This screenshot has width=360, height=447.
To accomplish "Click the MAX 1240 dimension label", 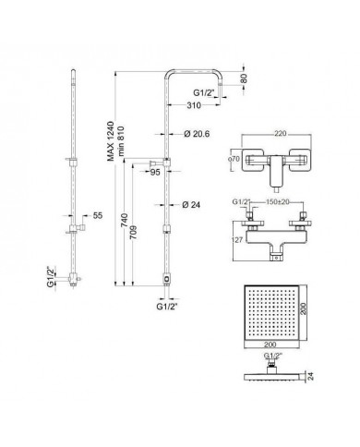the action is (111, 141).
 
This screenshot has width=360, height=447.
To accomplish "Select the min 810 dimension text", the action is (120, 141).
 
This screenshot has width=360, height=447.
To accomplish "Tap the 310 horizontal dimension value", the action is (194, 105).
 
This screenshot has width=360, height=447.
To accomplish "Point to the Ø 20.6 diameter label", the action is (197, 134).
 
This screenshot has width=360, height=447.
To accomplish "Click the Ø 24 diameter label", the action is (191, 205).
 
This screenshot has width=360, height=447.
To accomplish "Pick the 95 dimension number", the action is (155, 173).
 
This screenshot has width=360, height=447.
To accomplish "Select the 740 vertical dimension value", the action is (126, 221).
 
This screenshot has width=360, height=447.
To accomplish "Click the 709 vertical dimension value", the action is (135, 234).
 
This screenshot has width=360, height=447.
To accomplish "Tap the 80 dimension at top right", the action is (244, 79).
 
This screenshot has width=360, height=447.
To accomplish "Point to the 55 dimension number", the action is (98, 215).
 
